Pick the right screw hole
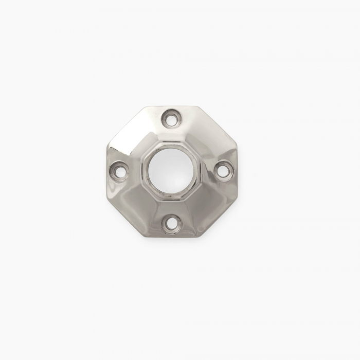click(222, 170)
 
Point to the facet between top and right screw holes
click(203, 136)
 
